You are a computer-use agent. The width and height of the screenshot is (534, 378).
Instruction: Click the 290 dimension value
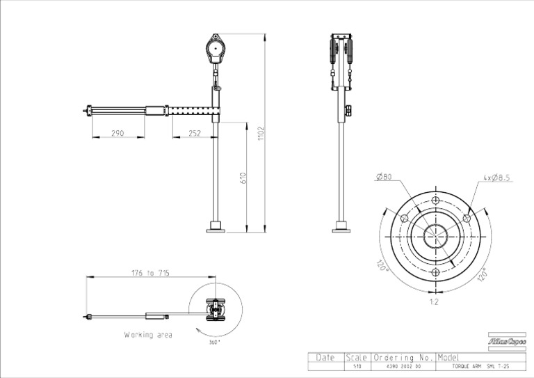[118, 132]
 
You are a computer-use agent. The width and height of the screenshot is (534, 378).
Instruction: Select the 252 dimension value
[194, 132]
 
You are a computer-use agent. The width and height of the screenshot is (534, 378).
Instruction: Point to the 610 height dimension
[243, 178]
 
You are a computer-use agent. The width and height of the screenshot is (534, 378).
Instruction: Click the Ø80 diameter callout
[384, 178]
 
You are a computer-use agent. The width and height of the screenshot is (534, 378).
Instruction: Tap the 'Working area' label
[148, 335]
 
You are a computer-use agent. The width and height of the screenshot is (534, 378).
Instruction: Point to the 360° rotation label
[215, 342]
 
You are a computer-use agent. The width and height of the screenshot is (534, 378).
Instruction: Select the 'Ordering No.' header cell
[404, 356]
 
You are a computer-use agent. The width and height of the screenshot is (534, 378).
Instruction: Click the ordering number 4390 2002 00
[403, 365]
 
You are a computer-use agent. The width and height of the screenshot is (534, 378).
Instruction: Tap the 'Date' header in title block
[325, 356]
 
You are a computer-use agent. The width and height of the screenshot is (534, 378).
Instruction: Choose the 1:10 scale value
[357, 365]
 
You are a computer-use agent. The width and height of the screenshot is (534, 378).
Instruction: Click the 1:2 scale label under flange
[434, 303]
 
